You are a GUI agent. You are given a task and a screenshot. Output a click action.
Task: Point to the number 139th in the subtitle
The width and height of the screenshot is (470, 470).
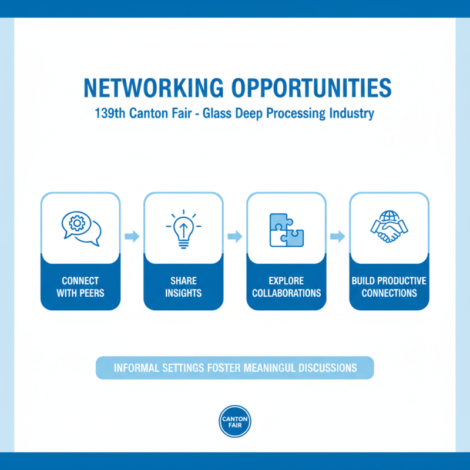point(110,113)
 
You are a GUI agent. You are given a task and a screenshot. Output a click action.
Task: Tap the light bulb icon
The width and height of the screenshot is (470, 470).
point(183,229)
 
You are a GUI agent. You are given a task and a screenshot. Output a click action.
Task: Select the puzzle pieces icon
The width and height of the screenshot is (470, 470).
point(286,229)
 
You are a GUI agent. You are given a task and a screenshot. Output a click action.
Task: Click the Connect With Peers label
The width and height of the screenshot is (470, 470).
point(80,286)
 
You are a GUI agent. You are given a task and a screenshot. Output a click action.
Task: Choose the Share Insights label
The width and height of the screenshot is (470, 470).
point(183,286)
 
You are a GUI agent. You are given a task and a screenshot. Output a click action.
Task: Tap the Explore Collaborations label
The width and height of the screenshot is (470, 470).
point(286,286)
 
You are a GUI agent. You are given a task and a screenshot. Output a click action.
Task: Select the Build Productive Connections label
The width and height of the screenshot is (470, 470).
point(389,286)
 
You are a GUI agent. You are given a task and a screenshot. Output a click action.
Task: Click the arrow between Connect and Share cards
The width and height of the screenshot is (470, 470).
point(132,236)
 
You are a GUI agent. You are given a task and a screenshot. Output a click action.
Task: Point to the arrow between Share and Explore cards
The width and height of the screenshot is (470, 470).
point(235,236)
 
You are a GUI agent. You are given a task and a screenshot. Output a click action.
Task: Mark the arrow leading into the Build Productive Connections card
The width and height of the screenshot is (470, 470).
point(338,236)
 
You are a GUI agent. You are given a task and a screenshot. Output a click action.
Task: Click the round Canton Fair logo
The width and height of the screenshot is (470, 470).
point(235,421)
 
